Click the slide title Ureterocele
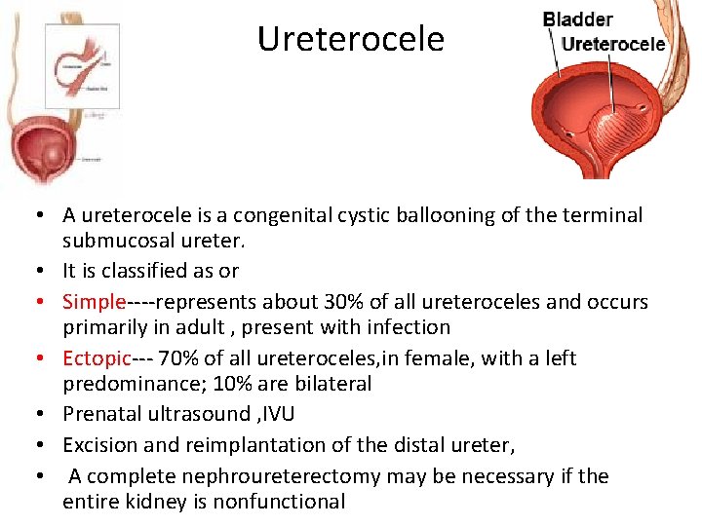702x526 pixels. (x=350, y=39)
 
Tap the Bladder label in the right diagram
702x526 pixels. (x=577, y=19)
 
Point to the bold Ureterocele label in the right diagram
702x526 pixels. (x=613, y=44)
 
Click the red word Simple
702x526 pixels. (x=95, y=301)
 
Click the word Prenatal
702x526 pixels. (x=102, y=414)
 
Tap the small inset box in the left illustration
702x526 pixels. (x=82, y=65)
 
